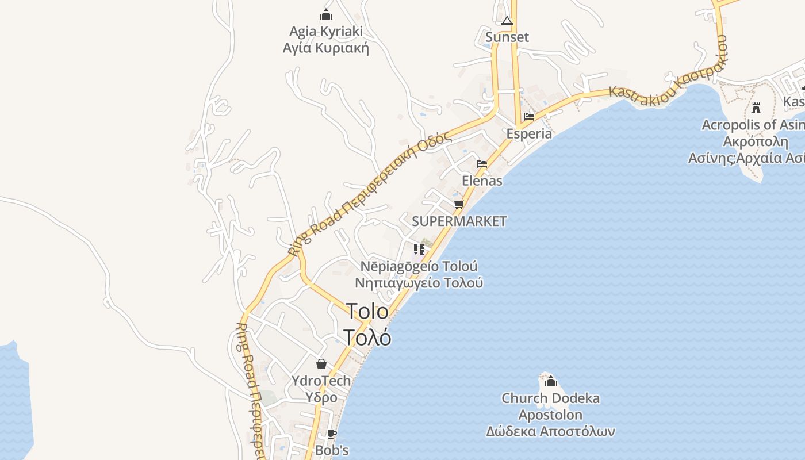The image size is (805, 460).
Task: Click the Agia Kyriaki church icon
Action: tap(326, 14)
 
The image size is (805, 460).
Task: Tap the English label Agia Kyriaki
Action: tap(326, 31)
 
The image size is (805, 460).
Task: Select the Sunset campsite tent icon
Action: tap(507, 21)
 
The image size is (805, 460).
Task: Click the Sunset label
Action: tap(507, 37)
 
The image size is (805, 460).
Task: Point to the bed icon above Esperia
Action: tap(529, 117)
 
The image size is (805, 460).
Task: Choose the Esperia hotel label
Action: tap(529, 133)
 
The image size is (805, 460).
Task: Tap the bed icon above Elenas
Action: tap(482, 164)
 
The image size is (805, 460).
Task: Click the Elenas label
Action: tap(482, 181)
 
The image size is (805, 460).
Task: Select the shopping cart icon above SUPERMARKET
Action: tap(459, 204)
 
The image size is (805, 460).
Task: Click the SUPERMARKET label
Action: tap(459, 221)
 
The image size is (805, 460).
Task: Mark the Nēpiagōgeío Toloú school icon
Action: tap(419, 249)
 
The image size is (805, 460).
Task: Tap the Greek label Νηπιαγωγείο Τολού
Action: tap(419, 283)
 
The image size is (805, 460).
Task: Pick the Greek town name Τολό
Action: tap(367, 337)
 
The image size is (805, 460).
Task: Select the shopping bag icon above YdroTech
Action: tap(321, 364)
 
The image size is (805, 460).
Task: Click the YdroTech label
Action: tap(321, 381)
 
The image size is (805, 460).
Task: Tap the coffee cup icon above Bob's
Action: tap(332, 434)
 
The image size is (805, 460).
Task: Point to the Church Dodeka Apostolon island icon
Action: tap(551, 381)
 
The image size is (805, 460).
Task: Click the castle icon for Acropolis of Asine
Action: tap(756, 108)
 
